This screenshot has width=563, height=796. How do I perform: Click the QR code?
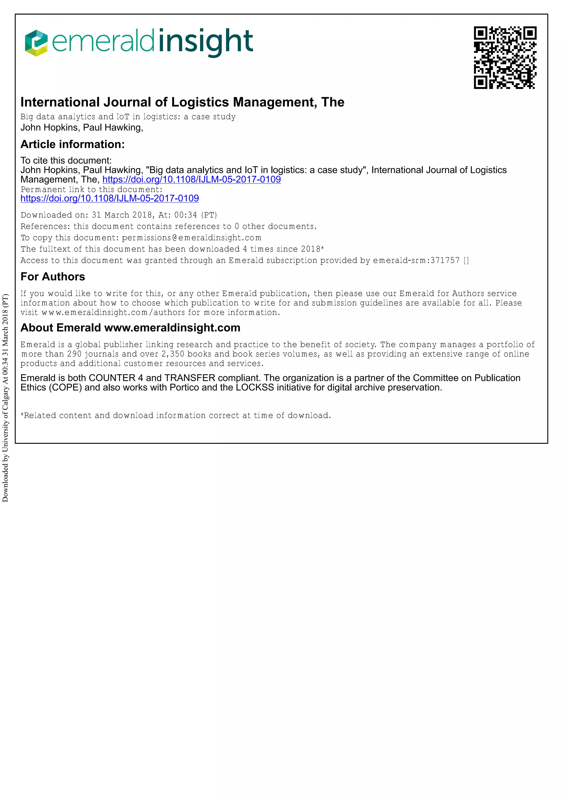tap(505, 58)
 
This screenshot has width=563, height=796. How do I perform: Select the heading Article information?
tap(73, 144)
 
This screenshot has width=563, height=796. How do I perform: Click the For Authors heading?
tap(53, 277)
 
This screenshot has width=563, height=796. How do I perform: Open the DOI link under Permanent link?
tap(110, 198)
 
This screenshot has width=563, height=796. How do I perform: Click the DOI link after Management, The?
tap(192, 179)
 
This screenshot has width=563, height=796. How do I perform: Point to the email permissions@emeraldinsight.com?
tap(192, 238)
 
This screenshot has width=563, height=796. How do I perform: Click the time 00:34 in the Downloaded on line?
tap(186, 215)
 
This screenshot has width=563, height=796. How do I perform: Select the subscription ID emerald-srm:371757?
tap(416, 260)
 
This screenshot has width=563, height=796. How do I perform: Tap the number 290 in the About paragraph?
tap(74, 354)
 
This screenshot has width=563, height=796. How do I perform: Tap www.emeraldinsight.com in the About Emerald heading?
tap(172, 328)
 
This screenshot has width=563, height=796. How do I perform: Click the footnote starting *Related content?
tap(176, 415)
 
